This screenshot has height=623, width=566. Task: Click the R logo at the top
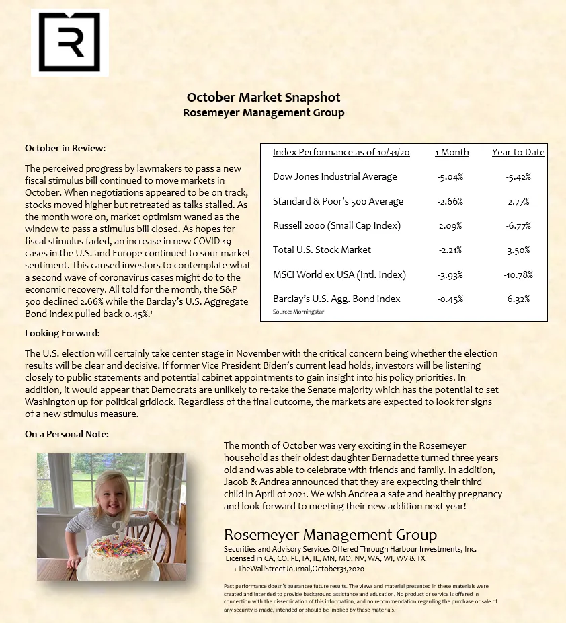tap(69, 42)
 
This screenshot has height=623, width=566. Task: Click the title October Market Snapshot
tap(264, 98)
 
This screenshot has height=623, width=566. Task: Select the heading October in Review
tap(65, 148)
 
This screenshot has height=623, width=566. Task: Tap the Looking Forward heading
tap(62, 333)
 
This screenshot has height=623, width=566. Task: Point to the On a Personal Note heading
tap(67, 434)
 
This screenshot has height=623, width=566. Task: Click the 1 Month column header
tap(452, 152)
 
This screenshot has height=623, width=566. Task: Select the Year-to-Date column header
tap(518, 152)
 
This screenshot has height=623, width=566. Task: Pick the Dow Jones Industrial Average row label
tap(335, 176)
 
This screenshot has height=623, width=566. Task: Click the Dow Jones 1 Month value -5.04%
tap(450, 177)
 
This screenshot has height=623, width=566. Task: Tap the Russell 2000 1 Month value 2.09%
tap(450, 225)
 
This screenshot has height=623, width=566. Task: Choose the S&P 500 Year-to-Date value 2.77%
tap(518, 201)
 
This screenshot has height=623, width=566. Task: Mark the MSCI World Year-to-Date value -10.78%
tap(518, 274)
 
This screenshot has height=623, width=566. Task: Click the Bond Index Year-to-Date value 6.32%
tap(518, 299)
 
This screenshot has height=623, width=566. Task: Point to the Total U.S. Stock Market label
tap(322, 250)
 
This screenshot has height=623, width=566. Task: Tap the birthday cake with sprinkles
tap(117, 556)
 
